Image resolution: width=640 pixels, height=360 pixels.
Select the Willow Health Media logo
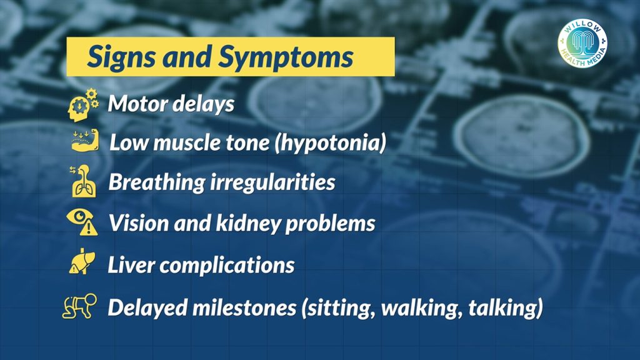(x=582, y=43)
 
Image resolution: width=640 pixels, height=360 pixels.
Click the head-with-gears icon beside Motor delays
(x=84, y=105)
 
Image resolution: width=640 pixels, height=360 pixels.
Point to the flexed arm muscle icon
(x=85, y=141)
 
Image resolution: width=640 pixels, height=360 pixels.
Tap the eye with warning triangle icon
(x=82, y=222)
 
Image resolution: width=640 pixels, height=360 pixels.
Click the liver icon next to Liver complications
(x=82, y=262)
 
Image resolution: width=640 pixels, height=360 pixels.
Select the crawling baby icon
(x=79, y=306)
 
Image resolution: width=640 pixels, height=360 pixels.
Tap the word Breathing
(x=156, y=182)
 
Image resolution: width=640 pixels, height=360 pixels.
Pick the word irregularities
(x=272, y=182)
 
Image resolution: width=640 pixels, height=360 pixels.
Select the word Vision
(x=139, y=223)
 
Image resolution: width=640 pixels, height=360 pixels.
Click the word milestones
(x=244, y=307)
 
